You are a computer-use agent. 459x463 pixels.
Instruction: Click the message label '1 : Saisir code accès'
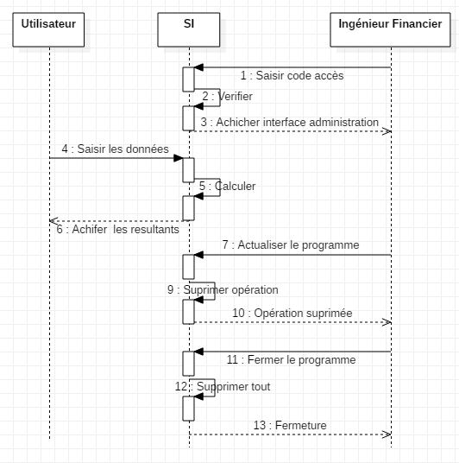click(x=292, y=76)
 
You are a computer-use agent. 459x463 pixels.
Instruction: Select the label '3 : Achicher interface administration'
click(x=289, y=123)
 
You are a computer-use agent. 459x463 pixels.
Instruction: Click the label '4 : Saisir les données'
click(x=115, y=149)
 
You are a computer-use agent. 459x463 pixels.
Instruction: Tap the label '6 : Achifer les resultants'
click(x=118, y=230)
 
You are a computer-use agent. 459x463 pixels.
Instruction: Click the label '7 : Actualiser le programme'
click(x=290, y=245)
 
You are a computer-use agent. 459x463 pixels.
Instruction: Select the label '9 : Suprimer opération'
click(x=223, y=290)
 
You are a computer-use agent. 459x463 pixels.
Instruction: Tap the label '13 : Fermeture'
click(x=289, y=425)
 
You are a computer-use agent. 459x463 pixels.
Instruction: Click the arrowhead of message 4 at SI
click(x=178, y=158)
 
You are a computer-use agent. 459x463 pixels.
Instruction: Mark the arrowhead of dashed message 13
click(x=387, y=434)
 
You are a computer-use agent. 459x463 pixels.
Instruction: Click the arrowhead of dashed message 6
click(x=53, y=220)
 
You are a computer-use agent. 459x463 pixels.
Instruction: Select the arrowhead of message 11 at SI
click(x=198, y=352)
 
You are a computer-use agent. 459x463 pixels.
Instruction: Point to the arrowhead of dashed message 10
click(x=387, y=322)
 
